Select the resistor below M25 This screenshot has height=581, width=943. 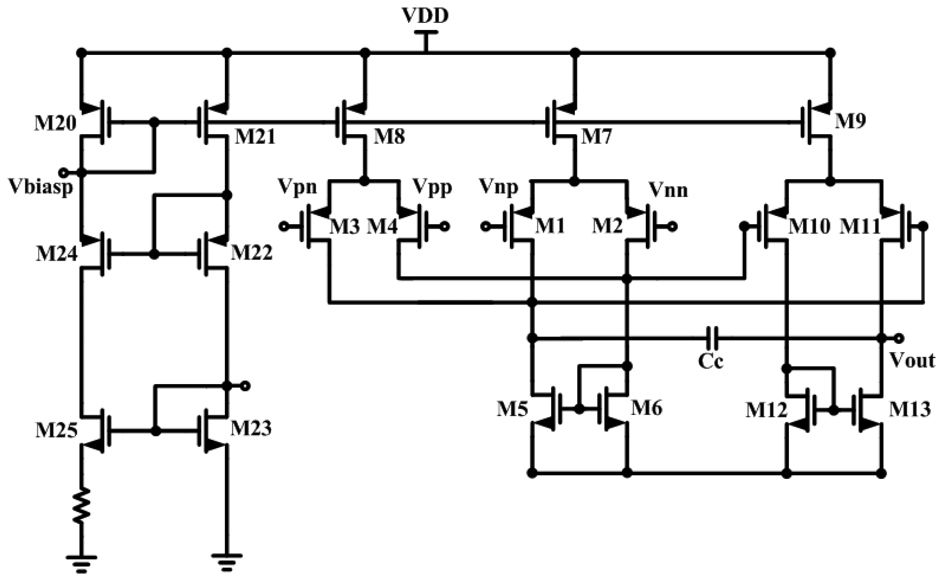pos(82,506)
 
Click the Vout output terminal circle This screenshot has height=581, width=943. pos(899,338)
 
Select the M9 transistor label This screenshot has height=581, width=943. pos(851,122)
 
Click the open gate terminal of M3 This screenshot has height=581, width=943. pos(283,227)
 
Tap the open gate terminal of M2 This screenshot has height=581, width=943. pos(673,227)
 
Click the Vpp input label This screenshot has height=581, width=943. pos(432,188)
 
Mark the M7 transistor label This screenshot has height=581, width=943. pos(596,137)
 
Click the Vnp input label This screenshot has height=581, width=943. pos(499,188)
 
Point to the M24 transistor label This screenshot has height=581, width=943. pos(57,254)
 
